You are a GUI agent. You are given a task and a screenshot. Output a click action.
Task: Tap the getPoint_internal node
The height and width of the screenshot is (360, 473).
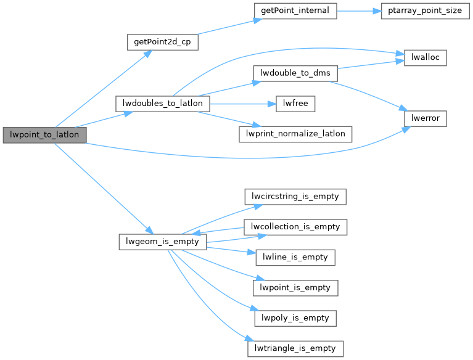click(x=295, y=12)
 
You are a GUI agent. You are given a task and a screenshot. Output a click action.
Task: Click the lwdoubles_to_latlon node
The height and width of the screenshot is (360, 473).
click(x=163, y=104)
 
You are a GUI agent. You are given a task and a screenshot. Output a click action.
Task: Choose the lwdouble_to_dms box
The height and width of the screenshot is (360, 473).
click(x=295, y=73)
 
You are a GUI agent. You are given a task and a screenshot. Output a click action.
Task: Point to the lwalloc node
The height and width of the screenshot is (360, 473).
click(x=424, y=57)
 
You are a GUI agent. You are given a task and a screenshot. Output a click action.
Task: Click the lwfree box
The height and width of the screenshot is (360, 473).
click(x=295, y=104)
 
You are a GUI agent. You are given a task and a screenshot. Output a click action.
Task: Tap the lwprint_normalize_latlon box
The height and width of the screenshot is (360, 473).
click(x=295, y=134)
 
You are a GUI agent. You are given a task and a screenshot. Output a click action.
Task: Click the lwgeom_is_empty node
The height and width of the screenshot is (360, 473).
click(x=162, y=242)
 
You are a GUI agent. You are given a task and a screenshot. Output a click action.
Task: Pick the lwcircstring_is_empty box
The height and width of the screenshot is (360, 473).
click(x=295, y=197)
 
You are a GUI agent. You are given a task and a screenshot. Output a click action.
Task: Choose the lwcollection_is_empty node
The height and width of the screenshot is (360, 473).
click(x=295, y=226)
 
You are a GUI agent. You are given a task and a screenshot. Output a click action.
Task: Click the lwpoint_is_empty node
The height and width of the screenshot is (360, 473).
click(x=295, y=287)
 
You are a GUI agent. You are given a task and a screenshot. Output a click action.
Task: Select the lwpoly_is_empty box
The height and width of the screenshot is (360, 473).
click(x=295, y=318)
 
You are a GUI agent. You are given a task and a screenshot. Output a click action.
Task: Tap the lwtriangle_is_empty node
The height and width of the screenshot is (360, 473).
click(x=295, y=348)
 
